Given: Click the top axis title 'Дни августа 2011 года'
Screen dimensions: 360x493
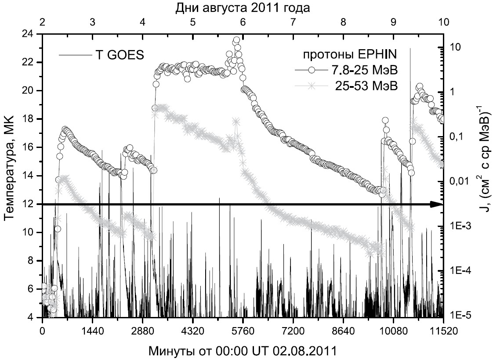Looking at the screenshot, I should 243,7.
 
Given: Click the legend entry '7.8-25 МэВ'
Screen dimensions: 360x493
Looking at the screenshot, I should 363,70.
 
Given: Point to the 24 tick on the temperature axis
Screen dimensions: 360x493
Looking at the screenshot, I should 29,34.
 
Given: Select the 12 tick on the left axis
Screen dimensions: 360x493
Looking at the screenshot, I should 29,204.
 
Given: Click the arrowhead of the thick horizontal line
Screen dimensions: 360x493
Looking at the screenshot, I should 437,204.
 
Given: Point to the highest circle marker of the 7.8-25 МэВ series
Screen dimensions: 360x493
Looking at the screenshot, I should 236,40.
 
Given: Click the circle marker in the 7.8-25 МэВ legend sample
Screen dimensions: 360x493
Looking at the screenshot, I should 312,70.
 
